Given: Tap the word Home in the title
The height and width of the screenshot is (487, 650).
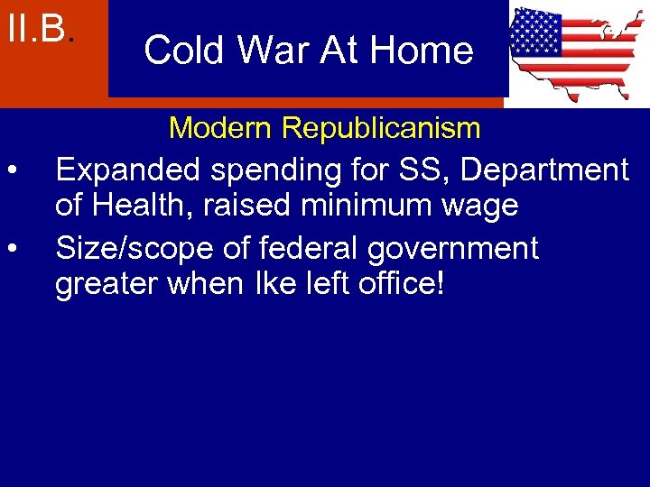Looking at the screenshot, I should [x=425, y=51].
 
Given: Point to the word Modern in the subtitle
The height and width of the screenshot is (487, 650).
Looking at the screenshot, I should [x=220, y=128].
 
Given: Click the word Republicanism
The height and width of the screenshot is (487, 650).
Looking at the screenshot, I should [x=381, y=128].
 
